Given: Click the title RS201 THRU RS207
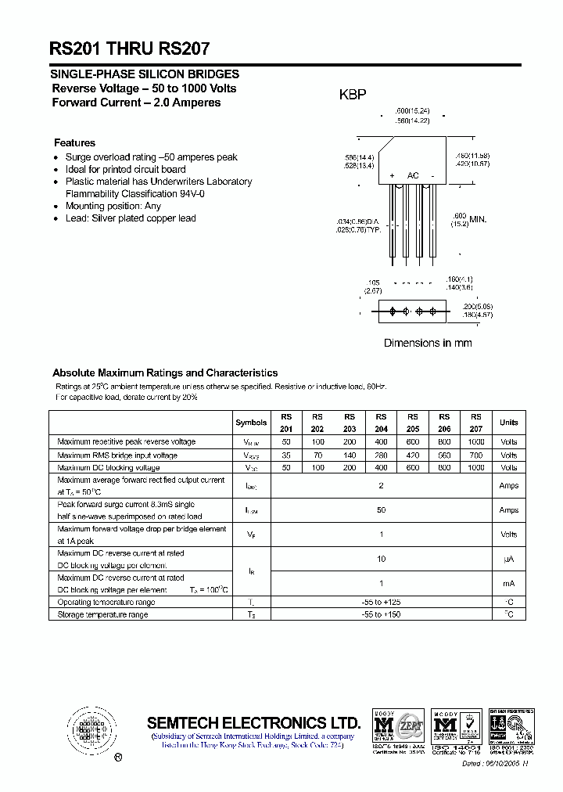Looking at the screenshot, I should click(x=130, y=48).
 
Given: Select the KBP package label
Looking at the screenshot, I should click(x=352, y=95).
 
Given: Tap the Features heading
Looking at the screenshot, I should click(x=74, y=143).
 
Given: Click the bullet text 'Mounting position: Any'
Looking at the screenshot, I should click(x=113, y=206).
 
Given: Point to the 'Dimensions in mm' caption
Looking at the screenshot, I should click(x=427, y=343).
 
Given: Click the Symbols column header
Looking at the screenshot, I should click(x=251, y=423).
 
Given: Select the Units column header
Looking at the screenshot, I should click(x=508, y=423).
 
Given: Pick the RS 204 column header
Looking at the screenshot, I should click(x=381, y=423).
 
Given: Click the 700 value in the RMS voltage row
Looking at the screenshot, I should click(x=476, y=455).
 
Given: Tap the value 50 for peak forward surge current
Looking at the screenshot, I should click(x=382, y=510).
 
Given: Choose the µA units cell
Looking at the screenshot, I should click(x=508, y=559).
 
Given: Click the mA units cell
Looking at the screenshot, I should click(x=508, y=584).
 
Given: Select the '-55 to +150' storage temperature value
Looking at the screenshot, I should click(x=382, y=614).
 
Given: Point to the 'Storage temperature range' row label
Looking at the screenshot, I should click(x=102, y=614).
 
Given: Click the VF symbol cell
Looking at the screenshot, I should click(x=251, y=535).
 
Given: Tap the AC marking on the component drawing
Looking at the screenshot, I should click(x=413, y=175).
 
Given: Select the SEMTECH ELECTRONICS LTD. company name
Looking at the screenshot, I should click(x=253, y=722).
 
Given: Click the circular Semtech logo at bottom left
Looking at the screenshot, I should click(x=92, y=730).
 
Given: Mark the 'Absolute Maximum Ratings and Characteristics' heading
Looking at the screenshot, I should click(x=165, y=373).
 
